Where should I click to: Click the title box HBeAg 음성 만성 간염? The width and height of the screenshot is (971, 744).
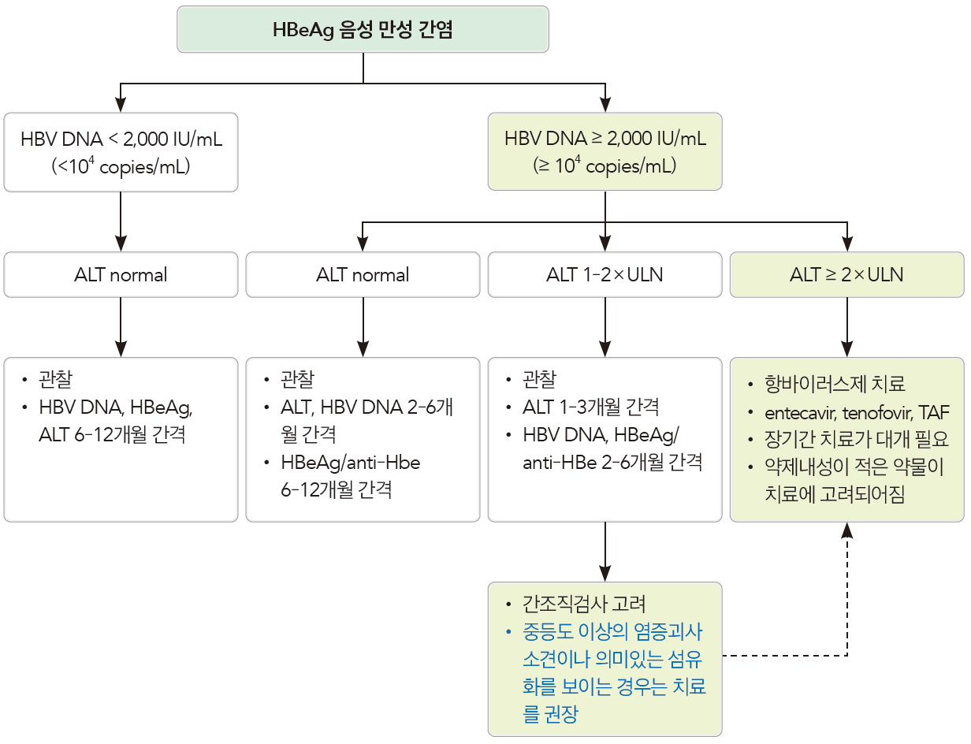(363, 30)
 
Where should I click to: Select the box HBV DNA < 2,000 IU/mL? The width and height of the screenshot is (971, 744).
(121, 152)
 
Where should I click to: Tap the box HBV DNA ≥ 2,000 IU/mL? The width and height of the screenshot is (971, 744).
(605, 152)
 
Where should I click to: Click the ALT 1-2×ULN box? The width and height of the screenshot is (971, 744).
(605, 275)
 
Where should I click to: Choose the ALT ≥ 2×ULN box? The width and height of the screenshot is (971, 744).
(846, 275)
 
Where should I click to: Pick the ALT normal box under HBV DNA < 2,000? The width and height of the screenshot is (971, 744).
(121, 275)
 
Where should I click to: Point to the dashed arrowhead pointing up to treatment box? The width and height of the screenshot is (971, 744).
(846, 533)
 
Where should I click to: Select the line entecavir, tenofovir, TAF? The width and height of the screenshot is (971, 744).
(857, 412)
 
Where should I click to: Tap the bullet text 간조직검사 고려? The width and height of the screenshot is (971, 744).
(583, 604)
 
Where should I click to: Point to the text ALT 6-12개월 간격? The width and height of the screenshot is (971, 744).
(112, 434)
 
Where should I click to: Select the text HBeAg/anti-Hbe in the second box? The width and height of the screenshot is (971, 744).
(350, 463)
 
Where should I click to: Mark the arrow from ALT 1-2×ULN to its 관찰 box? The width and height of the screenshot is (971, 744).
(605, 327)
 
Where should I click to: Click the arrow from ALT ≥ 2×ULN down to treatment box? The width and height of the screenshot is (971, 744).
(846, 327)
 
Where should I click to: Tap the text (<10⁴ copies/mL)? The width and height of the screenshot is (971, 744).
(121, 167)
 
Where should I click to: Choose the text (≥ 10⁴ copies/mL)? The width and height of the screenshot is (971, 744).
(605, 167)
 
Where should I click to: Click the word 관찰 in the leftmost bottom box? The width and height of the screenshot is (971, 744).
(54, 380)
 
